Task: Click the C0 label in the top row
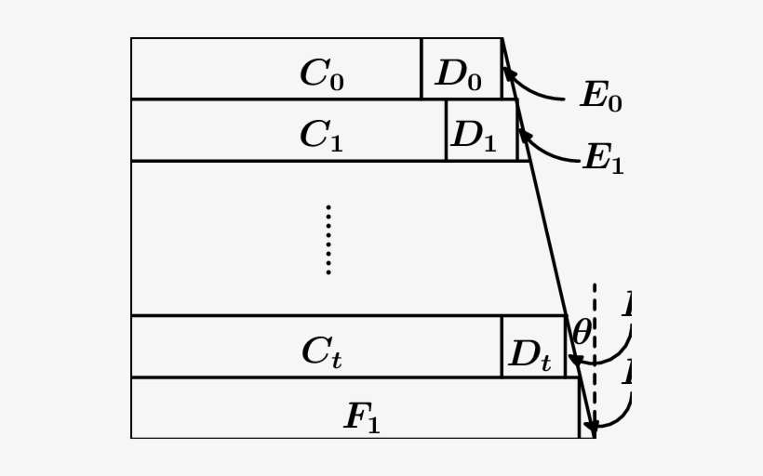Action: [x=322, y=74]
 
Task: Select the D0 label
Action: [x=459, y=74]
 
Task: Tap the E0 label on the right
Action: [x=601, y=96]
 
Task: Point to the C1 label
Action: [x=322, y=136]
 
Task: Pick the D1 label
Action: [x=475, y=136]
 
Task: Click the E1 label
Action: [x=603, y=158]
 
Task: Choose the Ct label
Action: [x=322, y=351]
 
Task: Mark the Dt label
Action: [x=530, y=354]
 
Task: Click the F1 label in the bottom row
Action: [x=363, y=417]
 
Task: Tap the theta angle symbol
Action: [x=582, y=332]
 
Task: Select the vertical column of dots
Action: [x=328, y=240]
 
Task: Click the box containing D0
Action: [x=462, y=69]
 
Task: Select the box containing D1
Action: [x=481, y=130]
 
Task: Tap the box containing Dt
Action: [x=533, y=346]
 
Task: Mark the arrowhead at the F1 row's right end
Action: [x=592, y=429]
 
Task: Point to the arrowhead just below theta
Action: [x=577, y=362]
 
